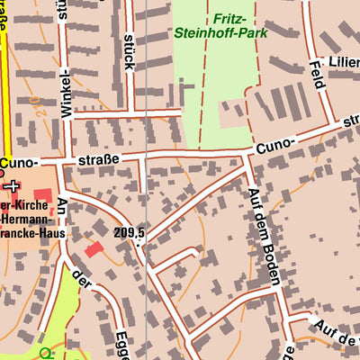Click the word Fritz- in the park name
233,18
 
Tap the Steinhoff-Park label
233,36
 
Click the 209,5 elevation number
130,233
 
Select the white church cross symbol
12,187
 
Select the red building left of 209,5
94,248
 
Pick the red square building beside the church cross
43,195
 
